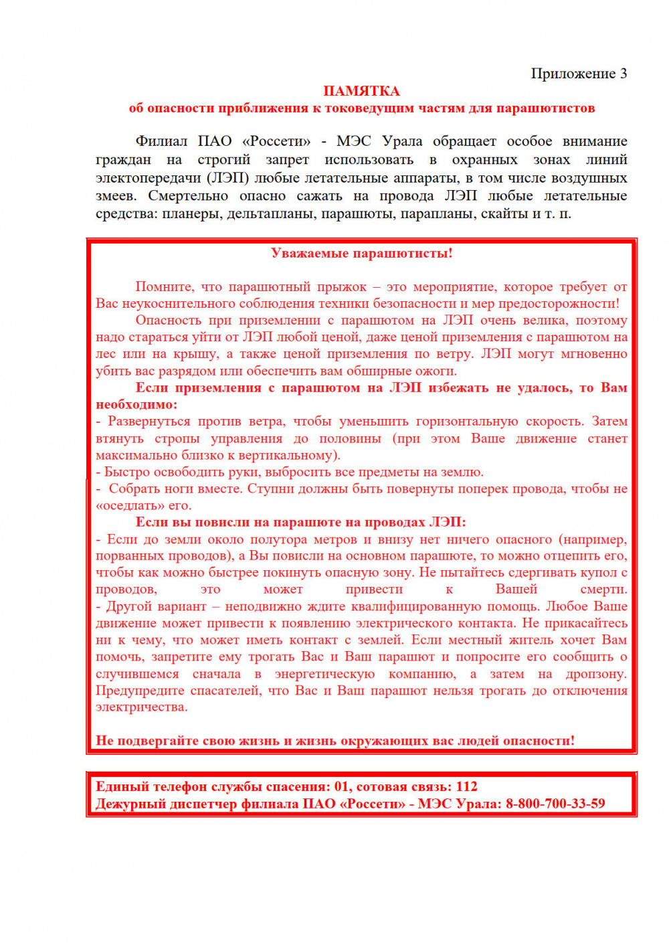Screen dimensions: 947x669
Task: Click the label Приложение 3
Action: click(x=579, y=74)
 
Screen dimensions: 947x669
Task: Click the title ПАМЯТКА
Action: click(x=361, y=91)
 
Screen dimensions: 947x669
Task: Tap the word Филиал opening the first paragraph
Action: click(x=161, y=141)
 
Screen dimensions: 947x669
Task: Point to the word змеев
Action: click(x=116, y=196)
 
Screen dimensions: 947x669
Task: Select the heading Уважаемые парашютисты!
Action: click(x=361, y=253)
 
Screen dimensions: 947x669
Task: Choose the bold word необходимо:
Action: click(x=136, y=404)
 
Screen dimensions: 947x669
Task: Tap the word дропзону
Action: click(x=595, y=674)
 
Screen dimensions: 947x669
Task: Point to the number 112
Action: click(x=466, y=786)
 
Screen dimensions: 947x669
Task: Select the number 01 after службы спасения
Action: click(x=342, y=786)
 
